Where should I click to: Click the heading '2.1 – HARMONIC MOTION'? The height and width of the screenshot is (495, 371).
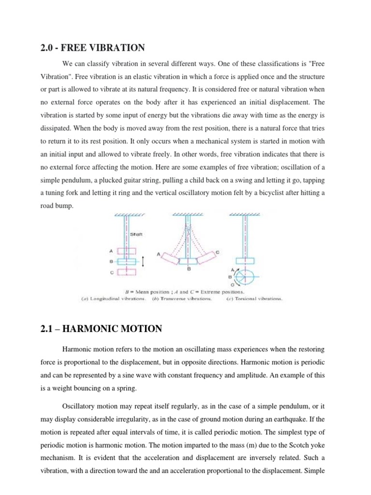tap(101, 329)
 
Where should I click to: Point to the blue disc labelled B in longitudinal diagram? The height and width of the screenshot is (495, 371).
tap(127, 262)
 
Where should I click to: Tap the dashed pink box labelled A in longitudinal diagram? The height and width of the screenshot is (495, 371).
tap(127, 251)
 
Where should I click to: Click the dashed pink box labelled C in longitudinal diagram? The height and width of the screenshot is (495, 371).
tap(127, 272)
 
